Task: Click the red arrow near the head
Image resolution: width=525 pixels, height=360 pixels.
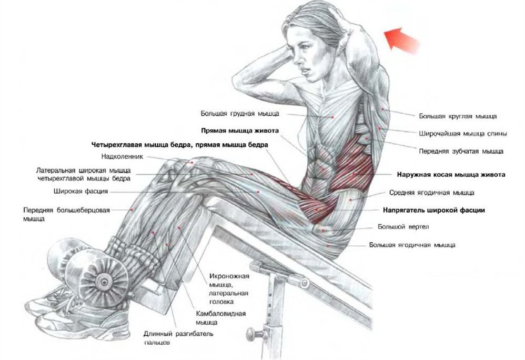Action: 402,40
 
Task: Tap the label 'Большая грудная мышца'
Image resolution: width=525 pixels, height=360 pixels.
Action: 240,114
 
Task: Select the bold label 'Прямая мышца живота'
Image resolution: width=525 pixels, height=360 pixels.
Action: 240,131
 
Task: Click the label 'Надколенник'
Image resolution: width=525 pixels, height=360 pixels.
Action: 122,156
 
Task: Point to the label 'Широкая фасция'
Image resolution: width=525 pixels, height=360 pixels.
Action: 80,192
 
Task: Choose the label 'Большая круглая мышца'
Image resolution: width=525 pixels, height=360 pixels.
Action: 458,116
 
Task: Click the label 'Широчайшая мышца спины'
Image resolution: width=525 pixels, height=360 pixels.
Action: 463,134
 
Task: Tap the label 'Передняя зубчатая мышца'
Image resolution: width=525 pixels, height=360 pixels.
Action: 461,152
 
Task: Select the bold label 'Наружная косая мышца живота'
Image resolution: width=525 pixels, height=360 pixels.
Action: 451,175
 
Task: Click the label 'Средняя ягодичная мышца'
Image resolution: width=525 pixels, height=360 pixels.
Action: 431,193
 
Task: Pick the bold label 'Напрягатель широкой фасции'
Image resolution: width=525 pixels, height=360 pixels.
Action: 434,211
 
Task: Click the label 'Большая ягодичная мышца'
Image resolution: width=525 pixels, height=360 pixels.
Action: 412,245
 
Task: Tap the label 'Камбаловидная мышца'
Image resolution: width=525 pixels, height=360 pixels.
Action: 220,318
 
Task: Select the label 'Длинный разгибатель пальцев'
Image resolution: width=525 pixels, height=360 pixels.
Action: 178,338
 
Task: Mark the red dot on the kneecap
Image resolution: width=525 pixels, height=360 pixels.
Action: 192,163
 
